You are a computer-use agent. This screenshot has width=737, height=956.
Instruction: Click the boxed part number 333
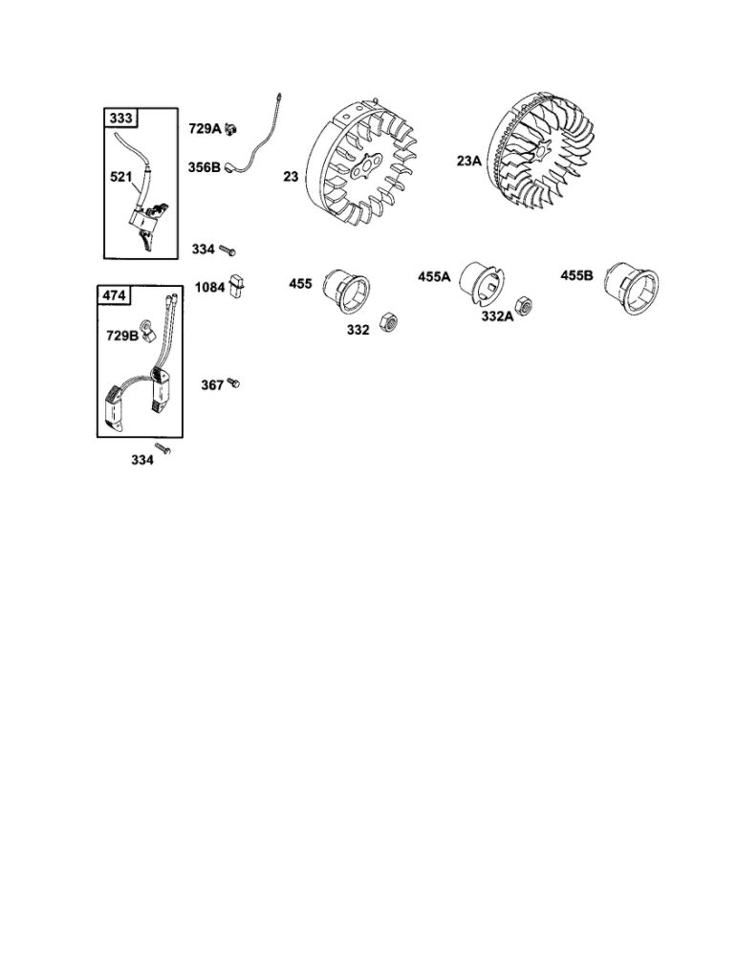click(120, 117)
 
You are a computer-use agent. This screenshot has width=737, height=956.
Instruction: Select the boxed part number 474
click(114, 295)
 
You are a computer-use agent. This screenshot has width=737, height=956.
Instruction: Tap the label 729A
click(205, 128)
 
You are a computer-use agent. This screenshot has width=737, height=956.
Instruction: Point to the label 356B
click(205, 166)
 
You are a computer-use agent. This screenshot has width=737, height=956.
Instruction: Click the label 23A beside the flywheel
click(468, 161)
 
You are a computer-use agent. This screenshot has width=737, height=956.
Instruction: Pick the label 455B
click(576, 275)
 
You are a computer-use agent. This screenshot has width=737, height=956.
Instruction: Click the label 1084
click(209, 287)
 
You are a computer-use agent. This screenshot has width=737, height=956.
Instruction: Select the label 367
click(212, 384)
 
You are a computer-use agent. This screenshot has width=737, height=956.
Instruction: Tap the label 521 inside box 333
click(120, 177)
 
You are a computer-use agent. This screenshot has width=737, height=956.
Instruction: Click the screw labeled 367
click(233, 383)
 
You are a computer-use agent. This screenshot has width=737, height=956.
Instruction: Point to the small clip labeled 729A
click(231, 129)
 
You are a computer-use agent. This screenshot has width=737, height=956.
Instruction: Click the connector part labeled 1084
click(236, 287)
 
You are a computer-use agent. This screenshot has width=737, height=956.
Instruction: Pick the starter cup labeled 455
click(346, 292)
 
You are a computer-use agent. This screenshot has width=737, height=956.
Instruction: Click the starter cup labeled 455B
click(631, 288)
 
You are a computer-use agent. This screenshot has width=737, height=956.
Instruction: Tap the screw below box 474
click(163, 448)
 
